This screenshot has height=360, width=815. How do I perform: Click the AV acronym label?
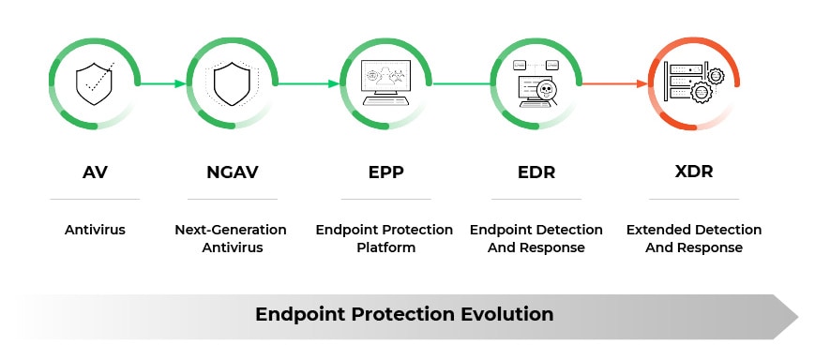coord(94,172)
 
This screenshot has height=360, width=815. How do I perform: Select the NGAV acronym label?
coord(232,172)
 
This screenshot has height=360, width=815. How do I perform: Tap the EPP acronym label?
coord(385,172)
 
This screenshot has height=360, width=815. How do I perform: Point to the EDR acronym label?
coord(536,172)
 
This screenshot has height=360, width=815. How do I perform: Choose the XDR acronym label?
coord(693,172)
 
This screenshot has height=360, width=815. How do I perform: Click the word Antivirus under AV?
coord(94,230)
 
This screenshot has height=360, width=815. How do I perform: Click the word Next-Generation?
coord(231,230)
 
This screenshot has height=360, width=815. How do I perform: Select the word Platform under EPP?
coord(385,248)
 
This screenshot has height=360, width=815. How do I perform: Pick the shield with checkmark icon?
coord(94,83)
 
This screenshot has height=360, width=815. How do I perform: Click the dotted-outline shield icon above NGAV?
coord(232,83)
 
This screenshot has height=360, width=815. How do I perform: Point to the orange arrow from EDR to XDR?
coord(614,83)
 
